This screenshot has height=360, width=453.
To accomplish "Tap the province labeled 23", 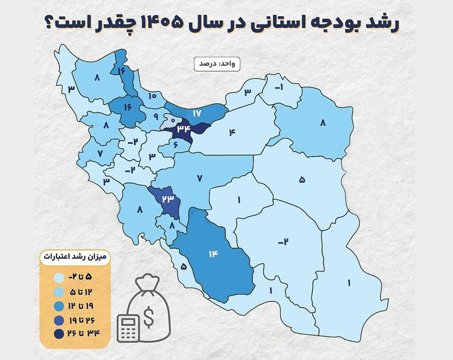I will (x=168, y=199).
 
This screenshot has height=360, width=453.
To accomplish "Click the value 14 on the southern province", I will (x=213, y=254).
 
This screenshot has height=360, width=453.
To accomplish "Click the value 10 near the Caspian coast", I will (x=152, y=96).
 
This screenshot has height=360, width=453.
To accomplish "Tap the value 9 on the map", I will (x=156, y=117).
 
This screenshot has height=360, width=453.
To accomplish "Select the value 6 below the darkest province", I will (x=176, y=144).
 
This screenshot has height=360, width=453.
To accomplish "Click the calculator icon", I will (x=127, y=328).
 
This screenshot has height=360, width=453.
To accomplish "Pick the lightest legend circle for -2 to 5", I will (x=59, y=278).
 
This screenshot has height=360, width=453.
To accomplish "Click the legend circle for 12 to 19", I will (x=59, y=305).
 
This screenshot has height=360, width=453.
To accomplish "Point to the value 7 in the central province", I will (x=200, y=178).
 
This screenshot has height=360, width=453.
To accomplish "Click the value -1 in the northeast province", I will (x=278, y=88).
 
